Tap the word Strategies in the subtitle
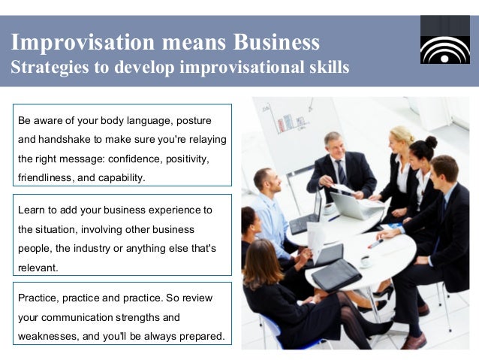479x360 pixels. (44, 67)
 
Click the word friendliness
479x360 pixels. (49, 178)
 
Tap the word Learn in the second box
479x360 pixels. (31, 210)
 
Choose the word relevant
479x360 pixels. (38, 268)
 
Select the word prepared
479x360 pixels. (201, 336)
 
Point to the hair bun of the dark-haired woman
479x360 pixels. (431, 141)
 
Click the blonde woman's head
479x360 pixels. (402, 138)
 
